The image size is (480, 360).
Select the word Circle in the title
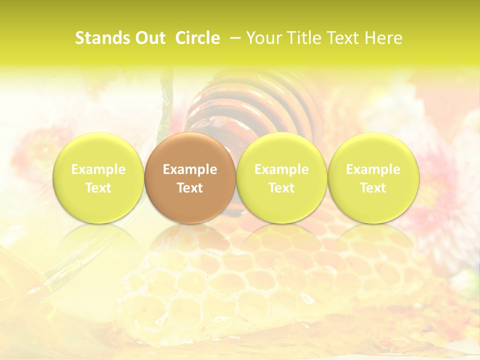click(197, 38)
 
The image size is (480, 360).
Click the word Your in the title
click(263, 38)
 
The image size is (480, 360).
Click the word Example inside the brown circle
click(190, 169)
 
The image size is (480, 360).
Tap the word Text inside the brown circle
click(190, 188)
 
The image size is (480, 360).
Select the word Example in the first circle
click(98, 169)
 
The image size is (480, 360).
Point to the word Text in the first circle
click(98, 188)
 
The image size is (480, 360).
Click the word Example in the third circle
click(281, 169)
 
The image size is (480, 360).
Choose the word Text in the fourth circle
click(373, 188)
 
